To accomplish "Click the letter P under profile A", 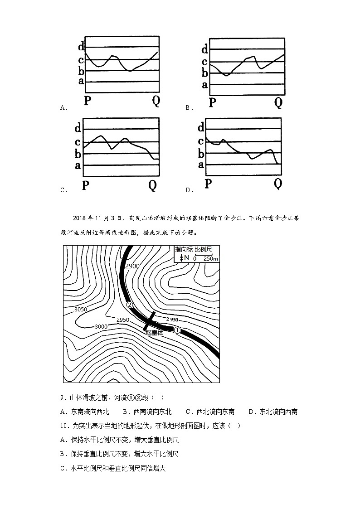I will click(x=88, y=101).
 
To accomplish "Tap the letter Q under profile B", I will click(x=278, y=103).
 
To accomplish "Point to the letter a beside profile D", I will click(x=201, y=165).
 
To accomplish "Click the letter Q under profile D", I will click(x=278, y=184).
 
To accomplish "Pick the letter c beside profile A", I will click(x=81, y=59).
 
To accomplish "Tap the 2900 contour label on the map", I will click(x=131, y=266).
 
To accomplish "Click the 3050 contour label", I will click(x=80, y=310).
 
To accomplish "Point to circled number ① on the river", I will click(x=177, y=330).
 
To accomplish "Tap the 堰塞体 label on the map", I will click(x=154, y=333).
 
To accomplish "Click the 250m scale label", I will click(x=209, y=258).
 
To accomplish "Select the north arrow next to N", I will click(x=181, y=258).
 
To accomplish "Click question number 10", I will click(x=64, y=426).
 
